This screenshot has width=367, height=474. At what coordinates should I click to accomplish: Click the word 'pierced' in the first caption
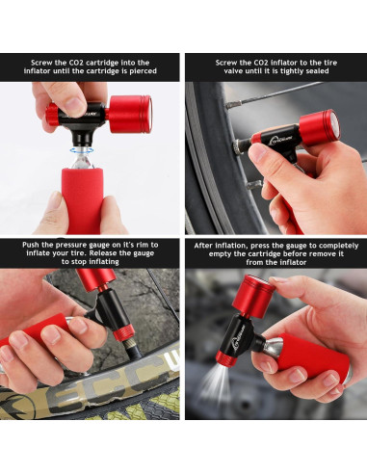143,71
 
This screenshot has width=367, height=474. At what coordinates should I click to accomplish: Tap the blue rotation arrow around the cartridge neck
82,150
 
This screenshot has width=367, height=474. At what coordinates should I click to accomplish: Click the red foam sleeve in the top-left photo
83,199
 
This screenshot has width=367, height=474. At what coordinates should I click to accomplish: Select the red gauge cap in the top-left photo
130,114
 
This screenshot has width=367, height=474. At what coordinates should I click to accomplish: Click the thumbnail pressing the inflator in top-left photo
75,104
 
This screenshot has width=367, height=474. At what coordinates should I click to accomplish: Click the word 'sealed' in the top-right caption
316,71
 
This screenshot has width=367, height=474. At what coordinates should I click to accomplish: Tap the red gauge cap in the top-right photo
320,127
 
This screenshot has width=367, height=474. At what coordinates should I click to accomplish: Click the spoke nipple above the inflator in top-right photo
234,103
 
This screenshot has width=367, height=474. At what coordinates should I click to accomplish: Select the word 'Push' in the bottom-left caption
30,245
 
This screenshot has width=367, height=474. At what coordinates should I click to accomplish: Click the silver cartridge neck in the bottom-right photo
272,346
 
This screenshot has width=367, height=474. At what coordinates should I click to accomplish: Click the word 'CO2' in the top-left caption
76,63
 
